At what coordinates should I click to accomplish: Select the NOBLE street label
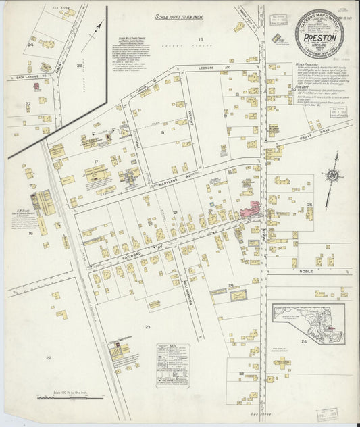coord(306,270)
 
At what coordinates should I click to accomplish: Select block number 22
coord(48,357)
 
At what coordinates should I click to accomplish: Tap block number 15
coord(201,41)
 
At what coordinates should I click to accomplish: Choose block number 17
coord(97,161)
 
